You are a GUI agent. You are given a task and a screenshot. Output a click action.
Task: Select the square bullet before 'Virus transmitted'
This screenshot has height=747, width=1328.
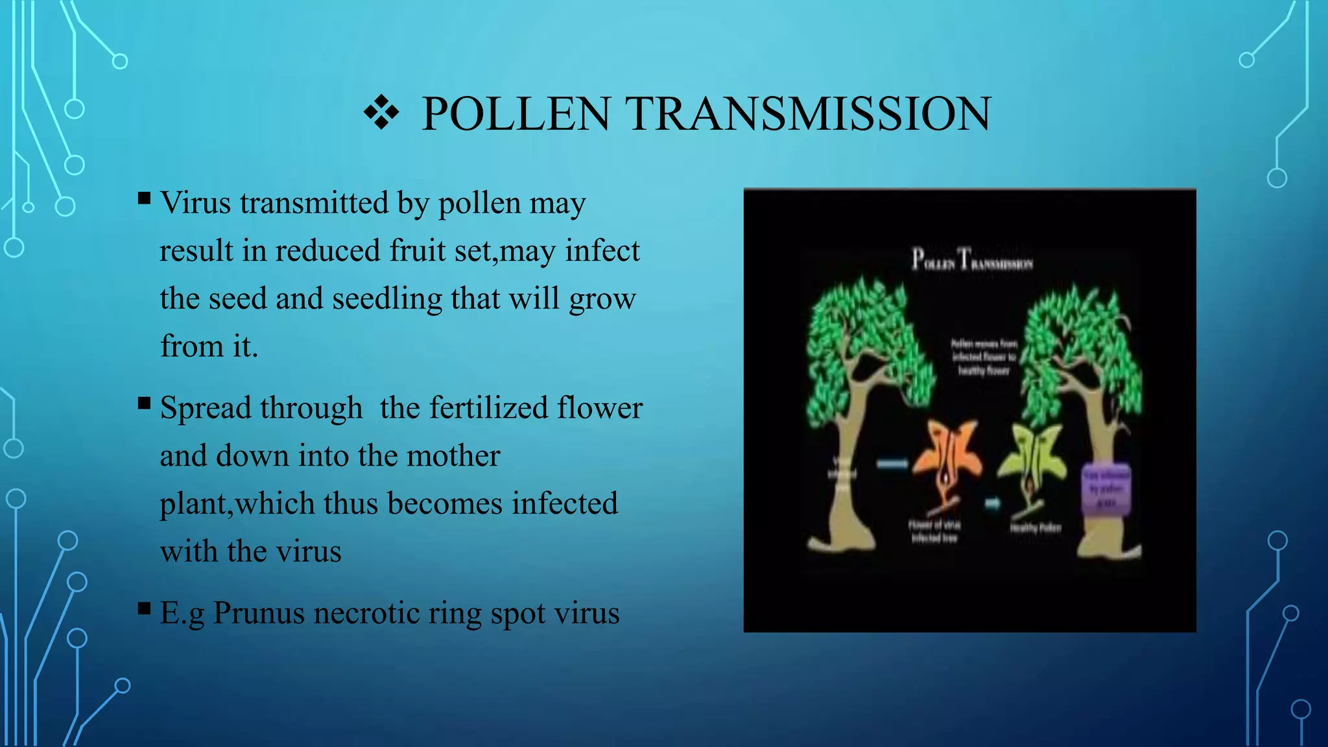[144, 198]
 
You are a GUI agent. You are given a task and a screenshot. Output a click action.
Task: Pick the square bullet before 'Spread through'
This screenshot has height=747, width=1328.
[144, 403]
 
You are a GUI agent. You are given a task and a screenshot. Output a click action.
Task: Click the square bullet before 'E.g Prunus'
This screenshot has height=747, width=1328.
[144, 608]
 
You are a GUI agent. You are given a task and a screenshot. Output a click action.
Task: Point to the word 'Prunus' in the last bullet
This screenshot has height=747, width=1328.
[258, 613]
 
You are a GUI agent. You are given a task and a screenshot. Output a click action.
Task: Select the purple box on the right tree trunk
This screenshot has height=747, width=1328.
[1106, 490]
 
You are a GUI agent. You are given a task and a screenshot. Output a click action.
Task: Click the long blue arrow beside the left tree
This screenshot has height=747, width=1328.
[892, 464]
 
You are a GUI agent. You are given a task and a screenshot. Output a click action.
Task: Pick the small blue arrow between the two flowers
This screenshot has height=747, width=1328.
[993, 503]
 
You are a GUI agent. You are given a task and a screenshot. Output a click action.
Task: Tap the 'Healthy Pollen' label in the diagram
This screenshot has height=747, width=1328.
[1036, 528]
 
